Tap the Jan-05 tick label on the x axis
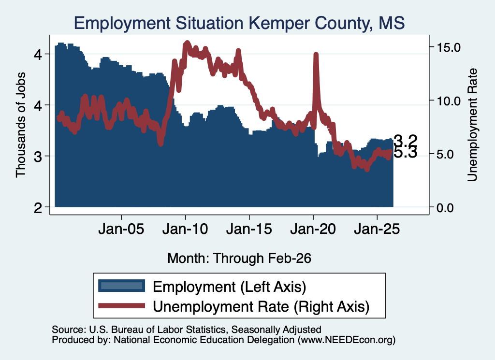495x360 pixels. pyautogui.click(x=121, y=229)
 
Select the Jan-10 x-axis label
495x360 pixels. pyautogui.click(x=185, y=229)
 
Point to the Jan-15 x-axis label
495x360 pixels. pyautogui.click(x=249, y=229)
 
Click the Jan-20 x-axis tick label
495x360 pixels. pyautogui.click(x=313, y=229)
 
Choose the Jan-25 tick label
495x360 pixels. pyautogui.click(x=377, y=229)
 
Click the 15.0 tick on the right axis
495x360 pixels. pyautogui.click(x=449, y=47)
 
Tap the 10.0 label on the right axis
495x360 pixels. pyautogui.click(x=449, y=101)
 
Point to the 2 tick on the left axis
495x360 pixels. pyautogui.click(x=38, y=208)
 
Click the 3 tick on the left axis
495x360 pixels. pyautogui.click(x=38, y=157)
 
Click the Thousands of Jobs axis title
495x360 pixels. pyautogui.click(x=20, y=125)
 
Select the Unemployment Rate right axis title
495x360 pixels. pyautogui.click(x=472, y=125)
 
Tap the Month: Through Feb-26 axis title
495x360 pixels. pyautogui.click(x=239, y=258)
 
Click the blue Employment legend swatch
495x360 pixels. pyautogui.click(x=121, y=286)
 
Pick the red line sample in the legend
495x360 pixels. pyautogui.click(x=121, y=305)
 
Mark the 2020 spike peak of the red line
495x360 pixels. pyautogui.click(x=316, y=54)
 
